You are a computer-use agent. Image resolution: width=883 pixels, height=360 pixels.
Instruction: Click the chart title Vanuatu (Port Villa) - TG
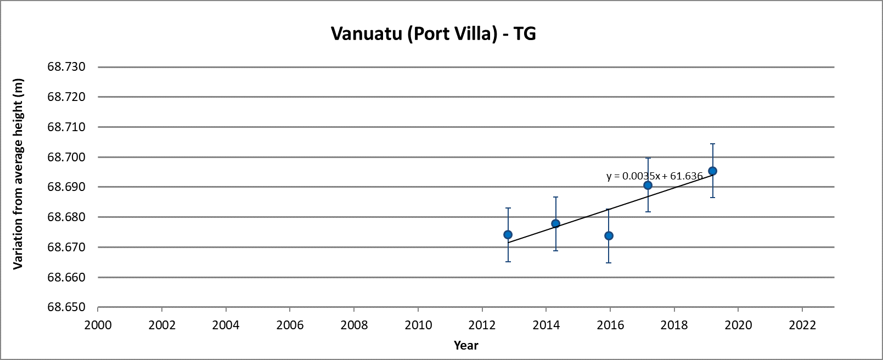click(433, 34)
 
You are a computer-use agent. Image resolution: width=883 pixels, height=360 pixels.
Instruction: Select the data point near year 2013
click(508, 235)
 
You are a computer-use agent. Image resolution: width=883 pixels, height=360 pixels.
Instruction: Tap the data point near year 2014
click(555, 223)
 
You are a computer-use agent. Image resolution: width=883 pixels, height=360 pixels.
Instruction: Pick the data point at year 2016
click(609, 236)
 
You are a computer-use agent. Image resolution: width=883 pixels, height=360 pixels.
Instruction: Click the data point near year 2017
click(648, 185)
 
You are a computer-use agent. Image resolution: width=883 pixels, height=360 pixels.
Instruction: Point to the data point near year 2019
click(712, 171)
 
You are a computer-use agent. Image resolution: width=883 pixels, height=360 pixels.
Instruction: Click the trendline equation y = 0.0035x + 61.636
click(654, 176)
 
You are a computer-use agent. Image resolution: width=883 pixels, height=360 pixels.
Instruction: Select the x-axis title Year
click(466, 345)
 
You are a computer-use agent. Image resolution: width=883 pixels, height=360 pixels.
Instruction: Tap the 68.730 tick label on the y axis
click(67, 67)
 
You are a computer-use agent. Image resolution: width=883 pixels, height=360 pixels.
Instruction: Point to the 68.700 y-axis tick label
click(67, 157)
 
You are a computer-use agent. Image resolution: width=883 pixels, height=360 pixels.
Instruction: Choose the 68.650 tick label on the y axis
click(67, 307)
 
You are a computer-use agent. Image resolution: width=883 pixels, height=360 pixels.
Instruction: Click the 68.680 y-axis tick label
click(67, 217)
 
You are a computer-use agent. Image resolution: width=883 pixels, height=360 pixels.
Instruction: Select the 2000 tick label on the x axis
click(98, 325)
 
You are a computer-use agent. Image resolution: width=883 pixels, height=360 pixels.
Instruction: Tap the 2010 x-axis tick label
click(418, 325)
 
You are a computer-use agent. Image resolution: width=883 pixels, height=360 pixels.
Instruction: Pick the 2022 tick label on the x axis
click(802, 325)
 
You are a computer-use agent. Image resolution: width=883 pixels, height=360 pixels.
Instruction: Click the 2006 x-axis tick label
click(290, 325)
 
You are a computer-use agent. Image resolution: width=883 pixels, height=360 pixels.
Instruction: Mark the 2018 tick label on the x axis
click(674, 325)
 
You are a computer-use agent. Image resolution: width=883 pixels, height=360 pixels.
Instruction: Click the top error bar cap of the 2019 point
click(712, 144)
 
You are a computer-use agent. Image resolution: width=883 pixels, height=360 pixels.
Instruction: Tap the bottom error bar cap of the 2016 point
click(609, 263)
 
